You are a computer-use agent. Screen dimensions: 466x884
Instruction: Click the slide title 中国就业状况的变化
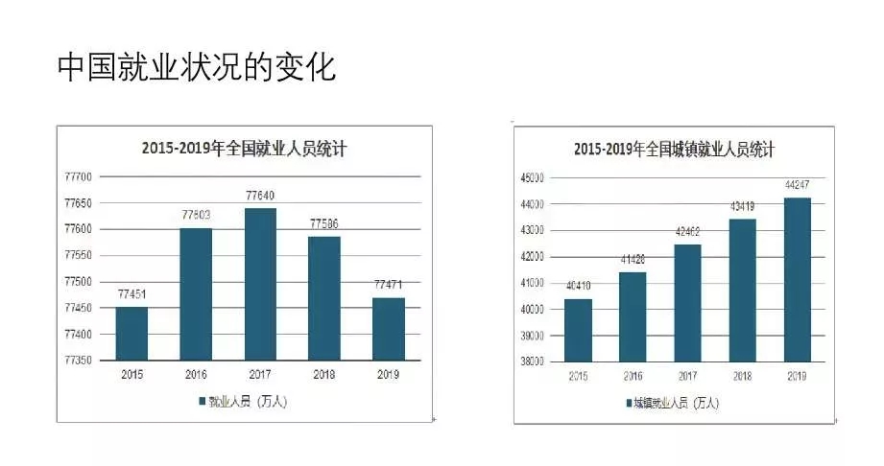[197, 67]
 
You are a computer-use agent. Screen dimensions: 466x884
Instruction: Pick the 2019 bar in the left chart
[389, 328]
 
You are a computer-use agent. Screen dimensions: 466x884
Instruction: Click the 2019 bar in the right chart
[798, 279]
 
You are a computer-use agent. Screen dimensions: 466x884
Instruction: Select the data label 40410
[578, 287]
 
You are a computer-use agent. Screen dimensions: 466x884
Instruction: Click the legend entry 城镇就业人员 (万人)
[672, 402]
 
